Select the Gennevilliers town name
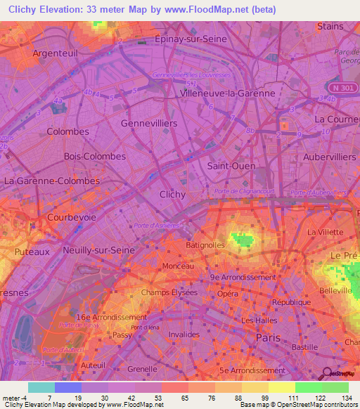click(x=149, y=123)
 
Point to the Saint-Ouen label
click(x=231, y=165)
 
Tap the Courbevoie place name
click(x=71, y=218)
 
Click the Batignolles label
click(x=204, y=245)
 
